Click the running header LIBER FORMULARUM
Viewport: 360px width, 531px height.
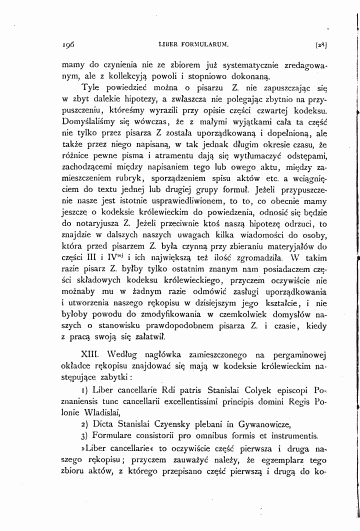pyautogui.click(x=192, y=44)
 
